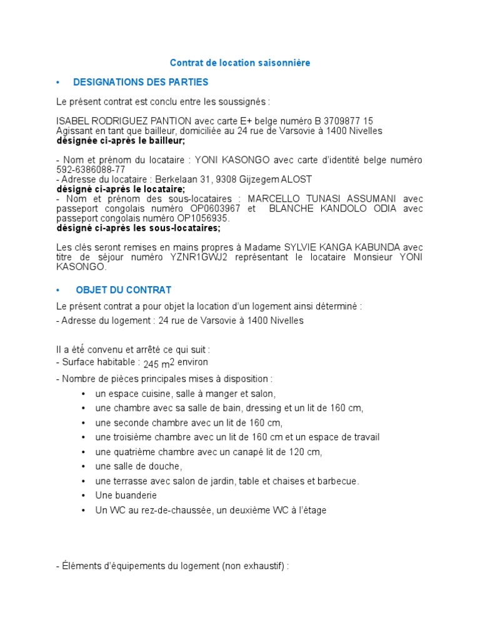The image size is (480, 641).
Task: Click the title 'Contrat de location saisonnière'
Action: click(x=240, y=63)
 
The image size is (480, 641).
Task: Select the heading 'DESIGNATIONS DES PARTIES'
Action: click(x=141, y=82)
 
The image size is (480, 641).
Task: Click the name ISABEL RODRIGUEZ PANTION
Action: click(x=114, y=121)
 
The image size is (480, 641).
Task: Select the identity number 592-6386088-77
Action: click(x=91, y=169)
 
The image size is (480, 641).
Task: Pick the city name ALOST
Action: click(x=297, y=179)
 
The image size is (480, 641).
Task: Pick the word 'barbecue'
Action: click(x=338, y=481)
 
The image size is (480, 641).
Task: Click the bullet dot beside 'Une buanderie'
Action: click(x=83, y=496)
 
